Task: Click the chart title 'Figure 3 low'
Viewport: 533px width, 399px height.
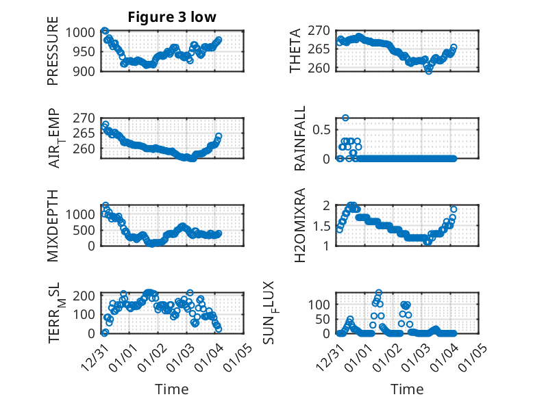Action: point(173,18)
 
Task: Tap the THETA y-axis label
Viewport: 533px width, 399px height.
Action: point(295,50)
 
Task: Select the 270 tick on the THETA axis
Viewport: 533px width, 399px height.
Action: point(320,30)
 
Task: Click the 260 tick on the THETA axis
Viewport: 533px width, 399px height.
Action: point(320,68)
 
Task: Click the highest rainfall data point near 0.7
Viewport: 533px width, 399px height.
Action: point(346,118)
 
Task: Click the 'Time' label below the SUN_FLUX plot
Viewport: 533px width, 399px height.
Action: point(407,389)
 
